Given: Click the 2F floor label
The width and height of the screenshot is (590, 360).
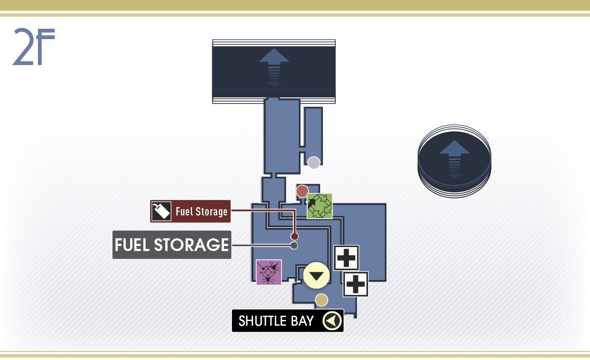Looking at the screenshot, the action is click(34, 47).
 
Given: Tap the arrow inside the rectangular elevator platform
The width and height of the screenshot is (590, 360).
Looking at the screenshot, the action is click(274, 67).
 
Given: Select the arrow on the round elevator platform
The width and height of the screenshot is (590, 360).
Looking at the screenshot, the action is click(454, 159).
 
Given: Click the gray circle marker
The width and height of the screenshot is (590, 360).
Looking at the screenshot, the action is click(314, 163).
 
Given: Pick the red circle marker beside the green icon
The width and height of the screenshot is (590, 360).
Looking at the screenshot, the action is click(302, 191).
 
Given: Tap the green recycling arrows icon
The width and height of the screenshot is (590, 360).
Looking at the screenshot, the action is click(319, 206).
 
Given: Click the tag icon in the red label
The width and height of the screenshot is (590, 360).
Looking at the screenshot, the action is click(161, 211).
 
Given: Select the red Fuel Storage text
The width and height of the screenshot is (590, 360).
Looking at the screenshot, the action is click(202, 212).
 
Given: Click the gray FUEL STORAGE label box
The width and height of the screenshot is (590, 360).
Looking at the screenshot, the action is click(172, 245).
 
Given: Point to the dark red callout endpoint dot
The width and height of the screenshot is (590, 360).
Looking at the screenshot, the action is click(295, 236).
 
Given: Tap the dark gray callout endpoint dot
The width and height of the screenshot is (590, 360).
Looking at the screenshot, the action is click(294, 245).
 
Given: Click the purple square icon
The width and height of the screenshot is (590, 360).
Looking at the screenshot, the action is click(269, 272).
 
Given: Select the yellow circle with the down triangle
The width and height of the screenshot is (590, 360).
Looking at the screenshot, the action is click(316, 275).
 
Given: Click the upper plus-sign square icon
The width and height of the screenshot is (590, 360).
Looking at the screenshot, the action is click(346, 258).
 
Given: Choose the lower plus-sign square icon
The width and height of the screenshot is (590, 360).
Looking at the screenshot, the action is click(356, 284).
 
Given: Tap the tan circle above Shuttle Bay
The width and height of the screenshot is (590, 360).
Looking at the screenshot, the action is click(322, 300).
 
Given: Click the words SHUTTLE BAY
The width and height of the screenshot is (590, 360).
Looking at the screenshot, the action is click(276, 321).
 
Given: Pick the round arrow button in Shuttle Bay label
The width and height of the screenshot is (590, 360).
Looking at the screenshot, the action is click(332, 321).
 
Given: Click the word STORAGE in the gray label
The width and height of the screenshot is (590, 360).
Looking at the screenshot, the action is click(191, 245).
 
